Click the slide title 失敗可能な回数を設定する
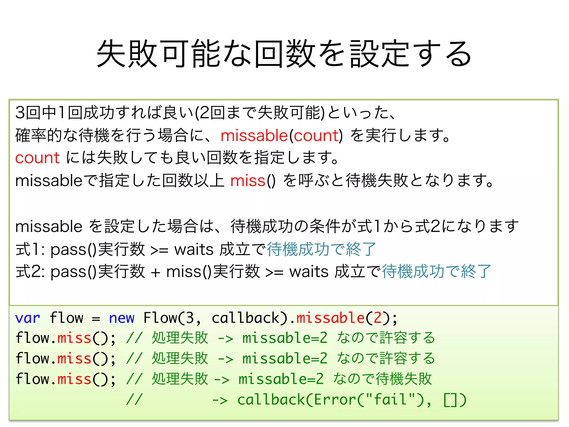tap(284, 53)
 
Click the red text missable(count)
tap(281, 136)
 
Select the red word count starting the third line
tap(37, 158)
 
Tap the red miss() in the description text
tap(253, 181)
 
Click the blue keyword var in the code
tap(28, 318)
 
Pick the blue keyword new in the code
tap(121, 318)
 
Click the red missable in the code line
tap(330, 318)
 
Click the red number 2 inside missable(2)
tap(378, 318)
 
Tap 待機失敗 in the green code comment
tap(404, 379)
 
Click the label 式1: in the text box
tap(30, 249)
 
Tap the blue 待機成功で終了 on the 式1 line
tap(321, 249)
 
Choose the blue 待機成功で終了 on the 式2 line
tap(436, 271)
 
